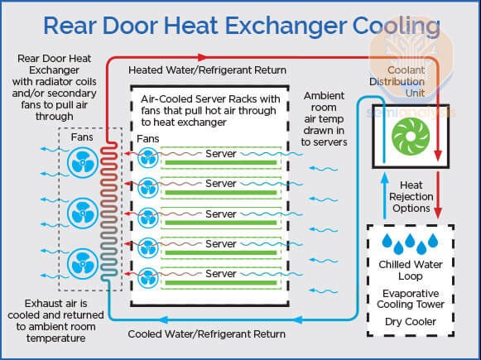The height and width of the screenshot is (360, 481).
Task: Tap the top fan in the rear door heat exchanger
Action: pyautogui.click(x=83, y=162)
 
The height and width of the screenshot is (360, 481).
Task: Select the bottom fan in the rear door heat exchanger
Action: pyautogui.click(x=83, y=263)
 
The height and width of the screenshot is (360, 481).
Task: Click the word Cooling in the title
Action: pyautogui.click(x=397, y=26)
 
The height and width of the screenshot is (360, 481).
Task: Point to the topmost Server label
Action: pyautogui.click(x=221, y=154)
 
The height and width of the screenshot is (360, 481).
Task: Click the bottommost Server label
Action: pyautogui.click(x=221, y=274)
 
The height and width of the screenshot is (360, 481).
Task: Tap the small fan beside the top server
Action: pyautogui.click(x=148, y=158)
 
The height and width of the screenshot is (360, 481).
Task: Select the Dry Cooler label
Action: pyautogui.click(x=411, y=322)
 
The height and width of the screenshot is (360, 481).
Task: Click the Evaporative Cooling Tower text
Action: pyautogui.click(x=411, y=299)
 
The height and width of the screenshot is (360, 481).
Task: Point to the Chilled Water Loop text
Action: pyautogui.click(x=411, y=270)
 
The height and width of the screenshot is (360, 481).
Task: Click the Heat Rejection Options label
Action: pyautogui.click(x=411, y=197)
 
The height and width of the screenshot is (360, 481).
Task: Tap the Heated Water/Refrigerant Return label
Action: pyautogui.click(x=207, y=70)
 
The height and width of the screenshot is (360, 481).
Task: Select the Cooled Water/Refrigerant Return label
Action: pyautogui.click(x=207, y=334)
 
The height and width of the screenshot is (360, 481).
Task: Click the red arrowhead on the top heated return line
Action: pyautogui.click(x=201, y=57)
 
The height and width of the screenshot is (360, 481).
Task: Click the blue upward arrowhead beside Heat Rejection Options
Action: pyautogui.click(x=384, y=178)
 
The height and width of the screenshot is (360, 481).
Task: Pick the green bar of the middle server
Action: pyautogui.click(x=221, y=223)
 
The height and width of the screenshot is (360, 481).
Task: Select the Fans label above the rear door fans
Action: pyautogui.click(x=82, y=137)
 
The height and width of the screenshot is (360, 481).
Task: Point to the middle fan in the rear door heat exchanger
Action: pyautogui.click(x=83, y=214)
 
